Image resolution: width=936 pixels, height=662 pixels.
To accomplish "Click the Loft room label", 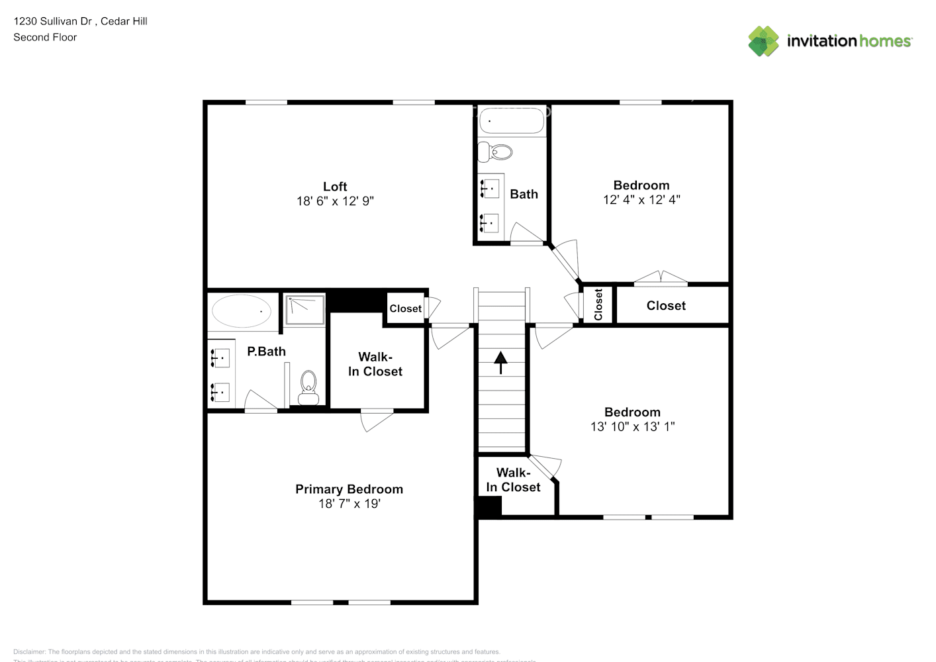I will (x=335, y=187).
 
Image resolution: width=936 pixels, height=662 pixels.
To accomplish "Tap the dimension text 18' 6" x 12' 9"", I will (x=335, y=201).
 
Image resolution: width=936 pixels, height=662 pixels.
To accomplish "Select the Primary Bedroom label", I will (x=349, y=489).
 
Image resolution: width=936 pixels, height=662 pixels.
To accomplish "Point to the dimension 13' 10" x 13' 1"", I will (x=632, y=427).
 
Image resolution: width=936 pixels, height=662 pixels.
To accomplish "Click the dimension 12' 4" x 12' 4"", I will (x=641, y=200).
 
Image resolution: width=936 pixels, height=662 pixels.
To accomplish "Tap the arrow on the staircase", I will (x=500, y=361).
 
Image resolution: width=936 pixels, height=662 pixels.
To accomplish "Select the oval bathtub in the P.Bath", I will (x=242, y=310).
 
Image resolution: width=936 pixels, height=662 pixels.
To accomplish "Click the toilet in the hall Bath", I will (x=496, y=152).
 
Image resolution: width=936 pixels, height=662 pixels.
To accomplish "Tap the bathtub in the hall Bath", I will (x=511, y=121).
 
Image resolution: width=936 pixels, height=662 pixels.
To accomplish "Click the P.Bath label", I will (x=266, y=352).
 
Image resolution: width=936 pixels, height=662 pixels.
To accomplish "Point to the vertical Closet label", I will (x=598, y=305).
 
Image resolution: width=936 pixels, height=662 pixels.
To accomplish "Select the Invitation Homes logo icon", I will (x=763, y=41).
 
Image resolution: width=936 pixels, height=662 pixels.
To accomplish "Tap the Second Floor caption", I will (x=45, y=38).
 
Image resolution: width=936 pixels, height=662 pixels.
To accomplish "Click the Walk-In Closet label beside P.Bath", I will (x=375, y=364).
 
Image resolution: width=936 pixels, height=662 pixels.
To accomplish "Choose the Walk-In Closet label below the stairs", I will (x=513, y=480).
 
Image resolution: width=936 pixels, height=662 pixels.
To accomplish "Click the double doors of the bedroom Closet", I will (x=661, y=278).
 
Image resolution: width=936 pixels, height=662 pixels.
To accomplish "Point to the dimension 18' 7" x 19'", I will (x=349, y=504).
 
